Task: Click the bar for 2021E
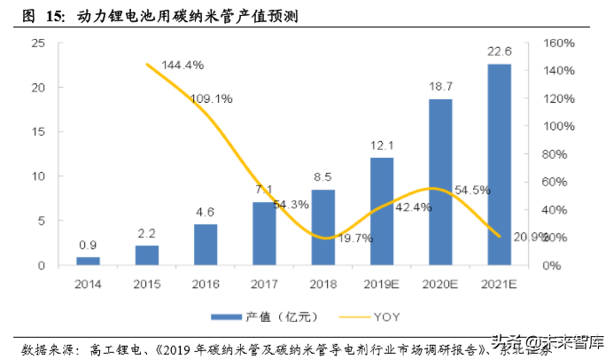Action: [x=499, y=165]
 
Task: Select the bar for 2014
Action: [x=89, y=261]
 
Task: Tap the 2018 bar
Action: [x=323, y=227]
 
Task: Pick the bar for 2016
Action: [x=206, y=245]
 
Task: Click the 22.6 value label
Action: [x=499, y=53]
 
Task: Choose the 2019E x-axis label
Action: [x=382, y=284]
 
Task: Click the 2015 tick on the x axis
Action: [x=147, y=284]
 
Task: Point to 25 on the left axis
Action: [x=38, y=43]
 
